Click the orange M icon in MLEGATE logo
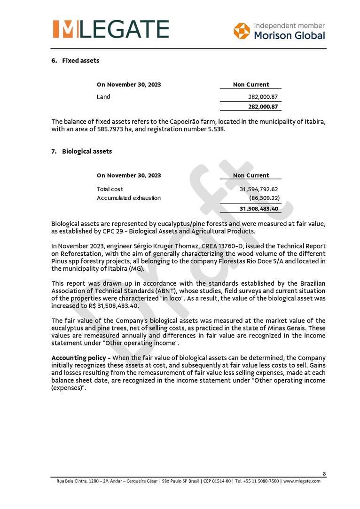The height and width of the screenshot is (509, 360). (x=63, y=29)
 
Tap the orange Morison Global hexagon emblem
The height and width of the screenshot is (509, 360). (x=242, y=31)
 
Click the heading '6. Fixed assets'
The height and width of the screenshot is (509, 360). (x=75, y=61)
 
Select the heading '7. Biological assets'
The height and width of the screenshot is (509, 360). (x=82, y=151)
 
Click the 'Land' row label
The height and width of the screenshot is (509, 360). (x=103, y=97)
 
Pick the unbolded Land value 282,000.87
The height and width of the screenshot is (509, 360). (x=263, y=97)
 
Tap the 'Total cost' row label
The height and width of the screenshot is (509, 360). (x=110, y=189)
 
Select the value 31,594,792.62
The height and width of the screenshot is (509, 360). (x=258, y=189)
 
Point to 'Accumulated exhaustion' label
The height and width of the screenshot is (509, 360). (x=129, y=198)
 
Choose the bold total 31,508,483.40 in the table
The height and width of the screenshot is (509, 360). (x=258, y=209)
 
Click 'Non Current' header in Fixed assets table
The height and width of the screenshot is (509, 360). (x=251, y=85)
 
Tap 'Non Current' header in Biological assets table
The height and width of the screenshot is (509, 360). (x=251, y=175)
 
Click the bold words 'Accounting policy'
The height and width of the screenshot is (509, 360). (x=78, y=358)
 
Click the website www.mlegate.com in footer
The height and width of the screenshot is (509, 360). (x=302, y=481)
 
